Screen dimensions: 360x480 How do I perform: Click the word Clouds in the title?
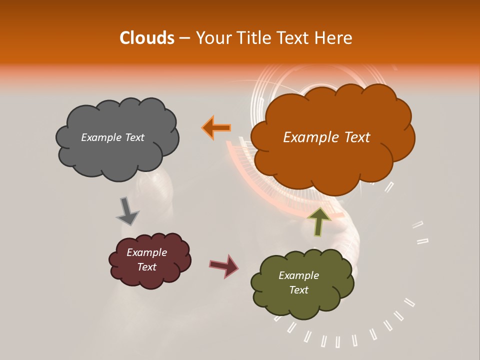(147, 38)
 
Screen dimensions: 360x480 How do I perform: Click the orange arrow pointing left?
(216, 128)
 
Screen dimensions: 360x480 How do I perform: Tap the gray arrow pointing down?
(127, 211)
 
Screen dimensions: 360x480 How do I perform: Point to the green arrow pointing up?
(318, 221)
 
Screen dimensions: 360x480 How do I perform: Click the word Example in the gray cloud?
(101, 137)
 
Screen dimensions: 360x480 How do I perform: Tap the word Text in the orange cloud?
(353, 137)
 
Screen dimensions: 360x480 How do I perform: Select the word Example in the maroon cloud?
(146, 252)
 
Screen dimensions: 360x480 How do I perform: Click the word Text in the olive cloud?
(298, 290)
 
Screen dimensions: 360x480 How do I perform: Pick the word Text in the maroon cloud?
(146, 267)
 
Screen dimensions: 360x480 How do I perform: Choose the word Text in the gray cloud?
(134, 137)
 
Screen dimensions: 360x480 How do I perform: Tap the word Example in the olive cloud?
(298, 275)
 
